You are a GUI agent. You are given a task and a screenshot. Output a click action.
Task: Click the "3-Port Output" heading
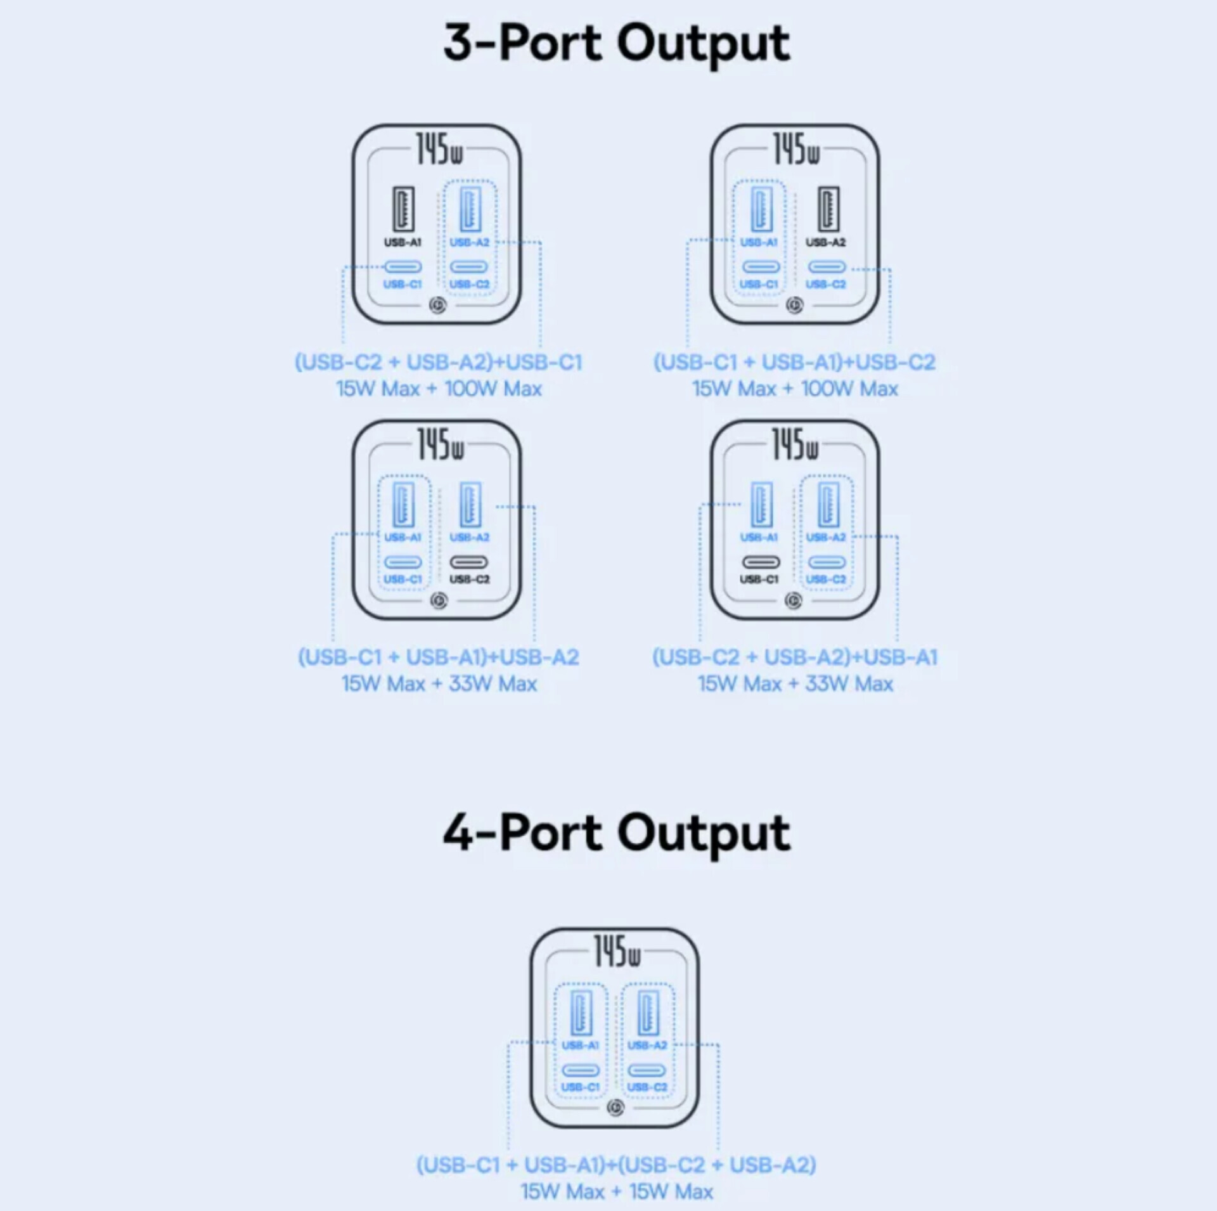pos(616,43)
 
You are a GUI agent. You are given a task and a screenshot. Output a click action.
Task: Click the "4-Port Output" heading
pos(616,832)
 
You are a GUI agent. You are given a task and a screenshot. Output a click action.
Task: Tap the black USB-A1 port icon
pos(403,209)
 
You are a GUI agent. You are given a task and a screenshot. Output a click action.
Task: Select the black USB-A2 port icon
pos(827,209)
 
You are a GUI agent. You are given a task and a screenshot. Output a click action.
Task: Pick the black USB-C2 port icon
pos(469,562)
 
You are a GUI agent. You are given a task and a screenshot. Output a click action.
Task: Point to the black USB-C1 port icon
pos(761,562)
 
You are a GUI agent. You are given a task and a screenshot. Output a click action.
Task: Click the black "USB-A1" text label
pos(402,242)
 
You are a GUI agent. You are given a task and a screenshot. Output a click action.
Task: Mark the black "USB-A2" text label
pos(825,242)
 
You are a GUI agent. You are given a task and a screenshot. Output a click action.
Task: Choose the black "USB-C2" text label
pos(470,580)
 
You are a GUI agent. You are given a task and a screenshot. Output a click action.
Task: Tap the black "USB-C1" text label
pos(759,580)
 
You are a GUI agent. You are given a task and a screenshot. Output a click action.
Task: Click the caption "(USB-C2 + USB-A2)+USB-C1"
pos(439,362)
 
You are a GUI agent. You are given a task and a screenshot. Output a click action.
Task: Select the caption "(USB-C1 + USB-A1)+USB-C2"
pos(795,362)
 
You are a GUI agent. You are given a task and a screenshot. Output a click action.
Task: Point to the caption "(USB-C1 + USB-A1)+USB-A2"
pos(439,657)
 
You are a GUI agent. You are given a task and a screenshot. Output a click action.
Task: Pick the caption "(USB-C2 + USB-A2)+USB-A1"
pos(795,657)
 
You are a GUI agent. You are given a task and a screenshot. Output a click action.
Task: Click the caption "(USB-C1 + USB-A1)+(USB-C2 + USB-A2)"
pos(616,1165)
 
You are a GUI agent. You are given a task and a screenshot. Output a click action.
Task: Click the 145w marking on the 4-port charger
pos(617,952)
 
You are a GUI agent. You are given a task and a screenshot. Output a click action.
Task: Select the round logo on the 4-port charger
pos(615,1108)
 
